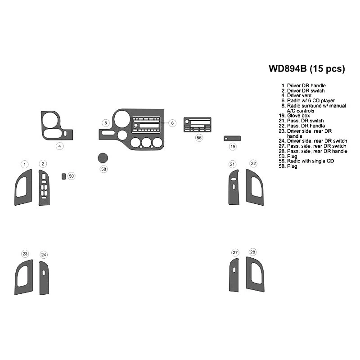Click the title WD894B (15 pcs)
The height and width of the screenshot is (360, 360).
pos(307,69)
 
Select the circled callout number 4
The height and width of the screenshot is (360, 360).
pos(59,146)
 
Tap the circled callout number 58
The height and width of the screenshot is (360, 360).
pos(104,169)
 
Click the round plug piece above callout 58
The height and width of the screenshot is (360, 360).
pos(103,157)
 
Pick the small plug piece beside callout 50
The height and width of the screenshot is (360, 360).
pos(64,176)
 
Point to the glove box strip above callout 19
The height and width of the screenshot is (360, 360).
pos(233,139)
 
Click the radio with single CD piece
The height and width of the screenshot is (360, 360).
pos(197,125)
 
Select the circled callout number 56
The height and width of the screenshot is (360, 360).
pos(199,138)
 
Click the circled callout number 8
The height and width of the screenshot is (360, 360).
pos(105,123)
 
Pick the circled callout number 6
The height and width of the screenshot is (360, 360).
pos(173,123)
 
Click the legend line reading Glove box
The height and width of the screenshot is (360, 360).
pos(299,116)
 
